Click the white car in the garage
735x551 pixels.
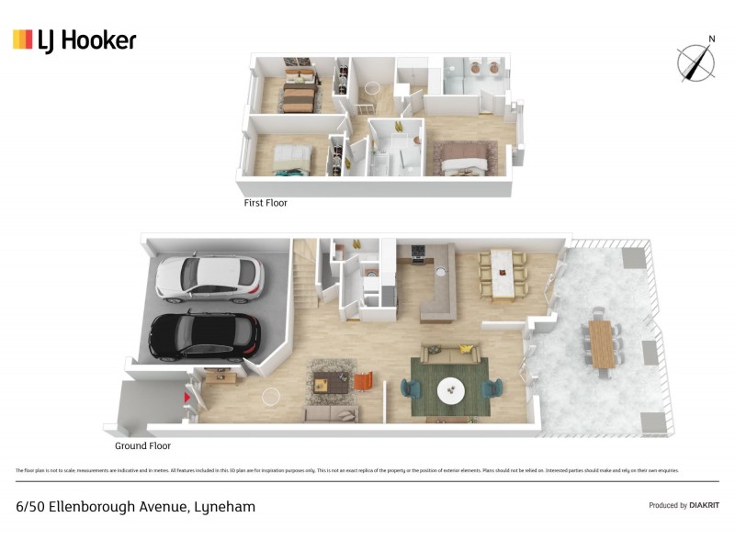click(209, 277)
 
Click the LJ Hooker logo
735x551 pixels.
click(74, 40)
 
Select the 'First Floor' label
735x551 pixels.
click(265, 203)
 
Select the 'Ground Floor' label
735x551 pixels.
click(142, 445)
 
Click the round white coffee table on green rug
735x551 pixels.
click(451, 389)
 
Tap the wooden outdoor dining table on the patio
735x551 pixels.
click(603, 343)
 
